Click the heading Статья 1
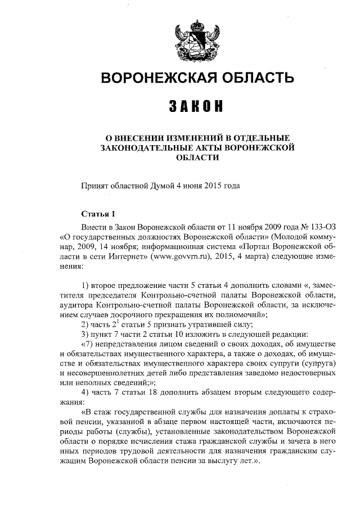point(98,214)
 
